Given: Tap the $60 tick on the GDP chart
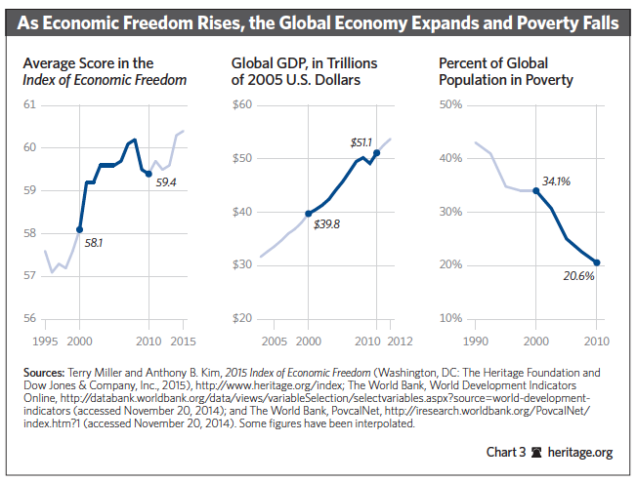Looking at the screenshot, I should click(242, 105).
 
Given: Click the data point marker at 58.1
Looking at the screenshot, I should click(79, 229).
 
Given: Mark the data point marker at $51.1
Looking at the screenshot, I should click(376, 152).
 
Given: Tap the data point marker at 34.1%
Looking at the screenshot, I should click(535, 190).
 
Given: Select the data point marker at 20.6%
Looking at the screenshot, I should click(596, 262).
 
